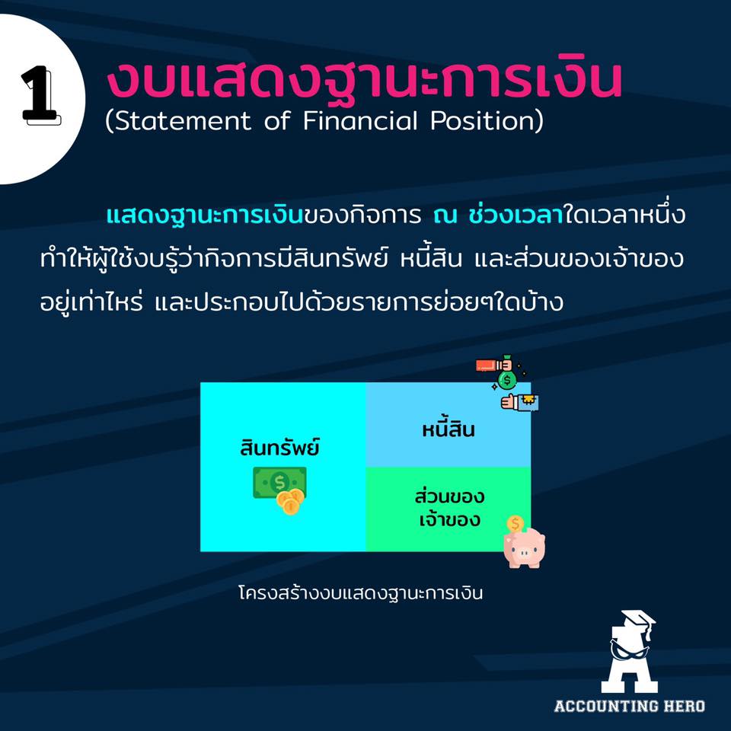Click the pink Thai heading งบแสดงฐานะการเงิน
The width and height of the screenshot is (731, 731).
coord(364,80)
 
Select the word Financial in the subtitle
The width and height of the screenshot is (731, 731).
coord(359,120)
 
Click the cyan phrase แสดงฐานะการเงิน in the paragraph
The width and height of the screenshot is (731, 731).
coord(205,215)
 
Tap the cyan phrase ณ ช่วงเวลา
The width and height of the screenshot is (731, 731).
coord(498,215)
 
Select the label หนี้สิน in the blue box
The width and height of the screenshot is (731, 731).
coord(448,428)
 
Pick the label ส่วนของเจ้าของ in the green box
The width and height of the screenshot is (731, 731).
coord(449,507)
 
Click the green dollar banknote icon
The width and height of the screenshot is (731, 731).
coord(279,483)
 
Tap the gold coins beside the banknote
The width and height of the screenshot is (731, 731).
coord(290,502)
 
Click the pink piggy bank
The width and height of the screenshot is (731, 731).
coord(525,547)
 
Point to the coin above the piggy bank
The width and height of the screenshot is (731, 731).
coord(516,524)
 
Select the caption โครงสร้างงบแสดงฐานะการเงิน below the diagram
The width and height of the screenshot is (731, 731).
coord(360,593)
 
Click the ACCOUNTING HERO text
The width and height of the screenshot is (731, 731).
coord(630,707)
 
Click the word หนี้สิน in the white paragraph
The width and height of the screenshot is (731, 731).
coord(431,259)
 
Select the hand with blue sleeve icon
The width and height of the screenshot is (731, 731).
coord(520,402)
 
